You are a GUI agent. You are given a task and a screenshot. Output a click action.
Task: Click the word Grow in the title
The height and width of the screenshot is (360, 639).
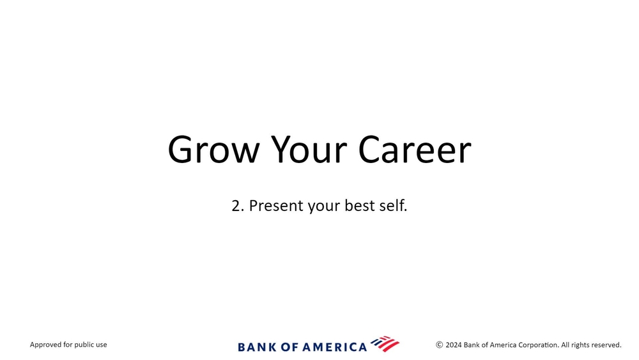pyautogui.click(x=213, y=150)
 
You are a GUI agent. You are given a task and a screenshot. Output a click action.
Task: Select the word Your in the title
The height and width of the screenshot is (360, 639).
pyautogui.click(x=309, y=150)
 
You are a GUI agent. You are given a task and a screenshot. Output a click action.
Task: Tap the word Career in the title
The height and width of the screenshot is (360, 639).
pyautogui.click(x=415, y=150)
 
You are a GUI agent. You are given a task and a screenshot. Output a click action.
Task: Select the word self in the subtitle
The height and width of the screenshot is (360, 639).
pyautogui.click(x=393, y=206)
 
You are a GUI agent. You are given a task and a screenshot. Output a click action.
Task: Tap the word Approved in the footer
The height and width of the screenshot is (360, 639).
pyautogui.click(x=46, y=345)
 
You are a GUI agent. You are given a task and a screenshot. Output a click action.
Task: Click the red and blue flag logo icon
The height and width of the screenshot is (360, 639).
pyautogui.click(x=385, y=343)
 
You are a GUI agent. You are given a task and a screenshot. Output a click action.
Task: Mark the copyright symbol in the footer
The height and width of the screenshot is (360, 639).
pyautogui.click(x=440, y=345)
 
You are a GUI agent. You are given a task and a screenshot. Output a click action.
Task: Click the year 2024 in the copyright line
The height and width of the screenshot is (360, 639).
pyautogui.click(x=454, y=345)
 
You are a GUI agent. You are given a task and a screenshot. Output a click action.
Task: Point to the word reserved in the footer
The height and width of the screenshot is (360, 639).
pyautogui.click(x=606, y=345)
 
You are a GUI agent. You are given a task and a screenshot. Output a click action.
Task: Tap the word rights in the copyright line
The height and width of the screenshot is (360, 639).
pyautogui.click(x=579, y=345)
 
